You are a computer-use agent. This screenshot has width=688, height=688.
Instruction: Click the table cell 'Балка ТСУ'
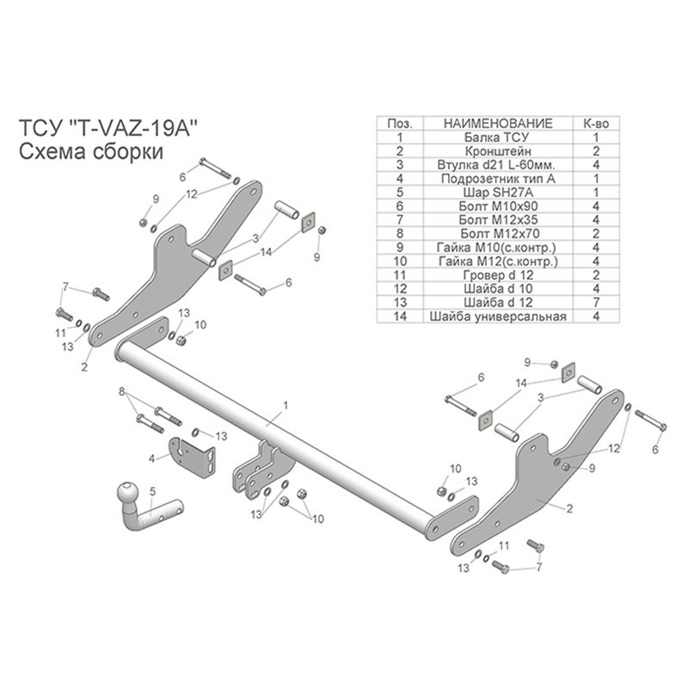click(x=495, y=137)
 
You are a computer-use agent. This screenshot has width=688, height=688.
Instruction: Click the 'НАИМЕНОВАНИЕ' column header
click(x=495, y=125)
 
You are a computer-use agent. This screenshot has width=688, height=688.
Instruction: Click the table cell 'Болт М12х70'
click(x=495, y=233)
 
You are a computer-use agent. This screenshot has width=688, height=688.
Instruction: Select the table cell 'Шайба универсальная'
click(x=495, y=316)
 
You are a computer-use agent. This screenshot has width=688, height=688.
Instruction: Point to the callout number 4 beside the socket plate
click(x=152, y=458)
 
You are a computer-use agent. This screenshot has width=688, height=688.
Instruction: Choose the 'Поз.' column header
click(x=401, y=125)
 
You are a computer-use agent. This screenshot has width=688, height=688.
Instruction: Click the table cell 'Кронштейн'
click(x=495, y=150)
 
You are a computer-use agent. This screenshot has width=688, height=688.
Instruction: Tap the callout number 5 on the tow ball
click(x=152, y=492)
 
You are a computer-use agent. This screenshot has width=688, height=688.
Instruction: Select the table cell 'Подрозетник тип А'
click(x=495, y=179)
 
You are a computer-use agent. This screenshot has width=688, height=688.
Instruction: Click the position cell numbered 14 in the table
click(x=401, y=316)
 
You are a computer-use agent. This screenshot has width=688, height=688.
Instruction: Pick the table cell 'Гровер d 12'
click(x=495, y=275)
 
